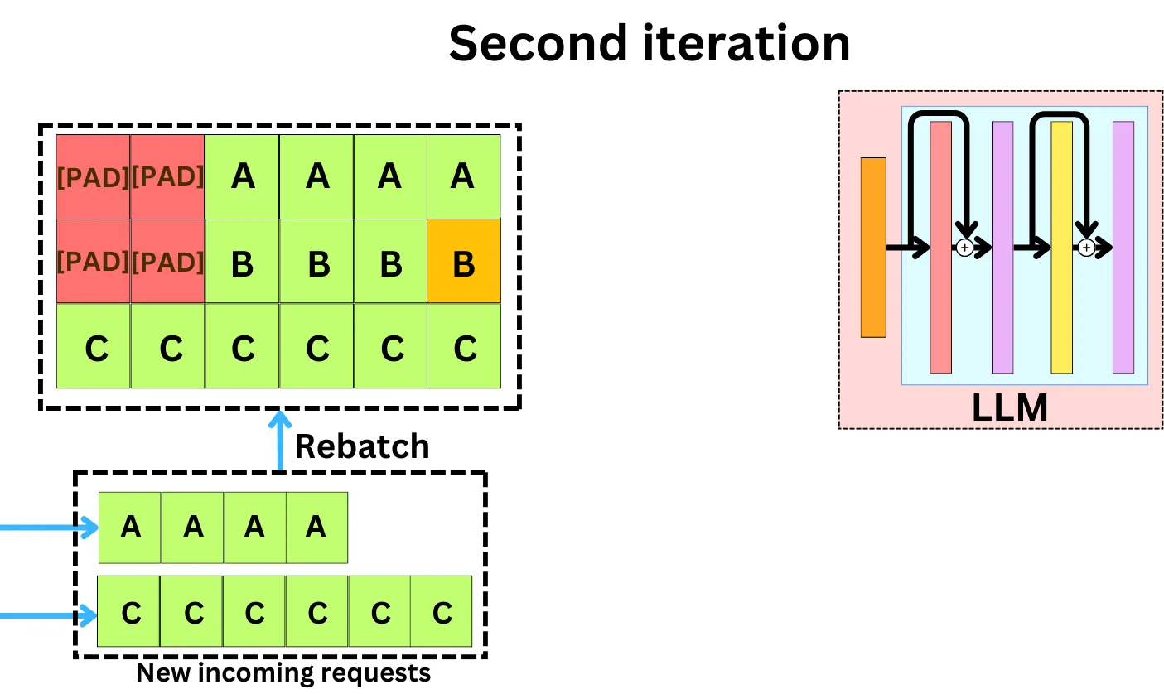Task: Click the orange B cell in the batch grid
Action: coord(464,261)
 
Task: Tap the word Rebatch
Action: coord(362,446)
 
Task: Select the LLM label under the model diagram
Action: coord(1009,407)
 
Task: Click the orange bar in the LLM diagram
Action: coord(873,247)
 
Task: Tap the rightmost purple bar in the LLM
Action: coord(1123,247)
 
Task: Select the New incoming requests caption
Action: coord(283,672)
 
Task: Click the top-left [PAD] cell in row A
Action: coord(93,176)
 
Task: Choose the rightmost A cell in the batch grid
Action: coord(464,176)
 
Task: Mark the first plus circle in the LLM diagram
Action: coord(964,247)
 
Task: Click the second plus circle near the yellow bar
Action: coord(1085,247)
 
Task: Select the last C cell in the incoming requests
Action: coord(442,612)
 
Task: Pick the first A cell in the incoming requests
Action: coord(130,527)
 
